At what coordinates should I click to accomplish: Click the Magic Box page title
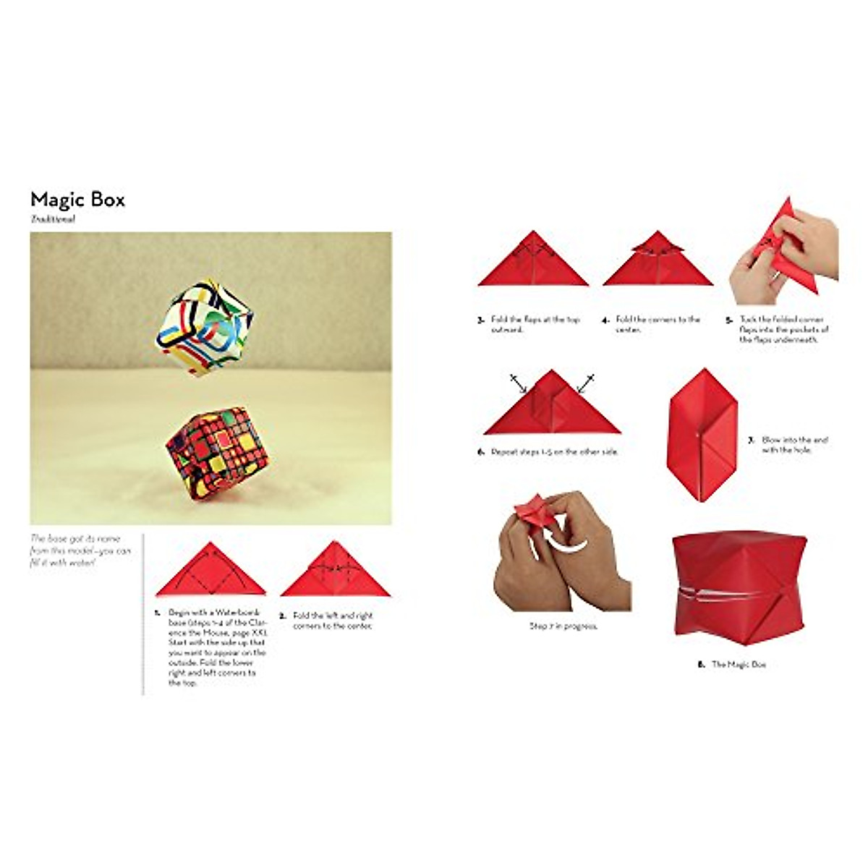pos(77,200)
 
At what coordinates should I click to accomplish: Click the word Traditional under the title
pos(53,219)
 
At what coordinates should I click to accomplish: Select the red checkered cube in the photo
pos(216,454)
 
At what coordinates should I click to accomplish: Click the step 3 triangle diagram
pos(533,263)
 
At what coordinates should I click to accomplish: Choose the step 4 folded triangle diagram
pos(658,262)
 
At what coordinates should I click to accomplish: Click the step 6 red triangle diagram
pos(552,407)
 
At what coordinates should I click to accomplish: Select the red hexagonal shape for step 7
pos(702,435)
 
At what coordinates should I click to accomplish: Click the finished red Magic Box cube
pos(738,583)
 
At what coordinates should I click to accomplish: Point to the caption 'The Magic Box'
pos(732,664)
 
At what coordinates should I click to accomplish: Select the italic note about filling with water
pos(81,550)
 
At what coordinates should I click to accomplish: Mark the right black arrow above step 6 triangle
pos(586,383)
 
